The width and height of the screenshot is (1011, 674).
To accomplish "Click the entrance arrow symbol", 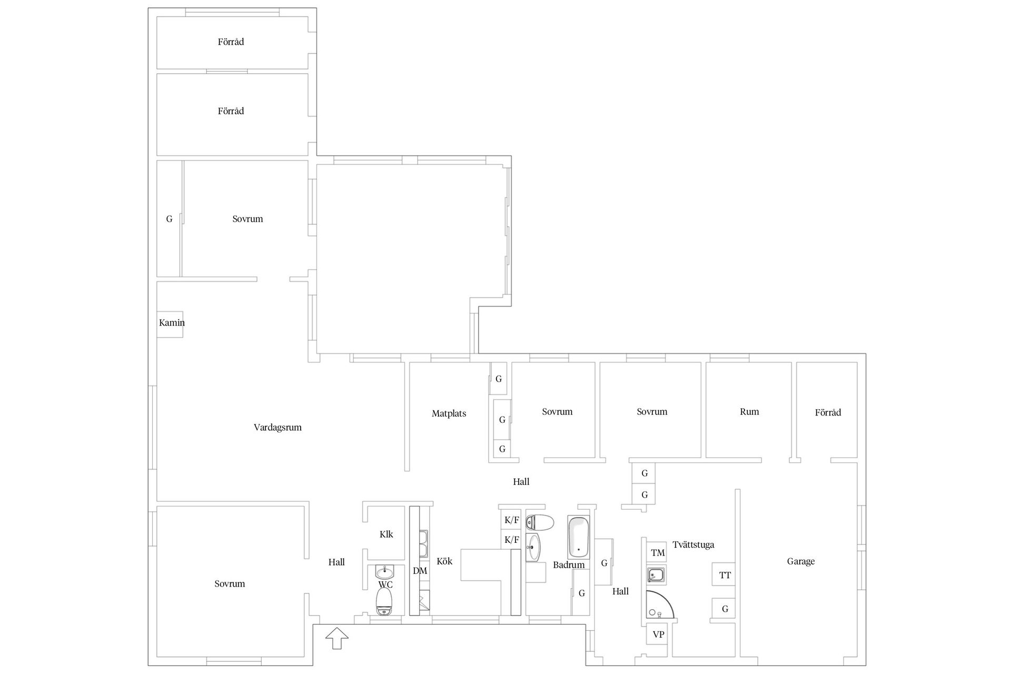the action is point(337,638).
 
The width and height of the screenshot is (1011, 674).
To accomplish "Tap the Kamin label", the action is point(172,323).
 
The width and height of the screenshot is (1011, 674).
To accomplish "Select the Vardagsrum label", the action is point(277,428).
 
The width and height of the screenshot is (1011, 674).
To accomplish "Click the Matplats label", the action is point(449,414).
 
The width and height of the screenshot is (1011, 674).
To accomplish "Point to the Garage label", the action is point(800,562).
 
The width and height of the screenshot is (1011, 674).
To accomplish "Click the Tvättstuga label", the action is point(693,545).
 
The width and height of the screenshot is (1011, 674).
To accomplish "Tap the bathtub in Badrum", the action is point(578,537).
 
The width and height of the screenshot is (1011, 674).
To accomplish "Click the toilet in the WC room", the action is point(385,601).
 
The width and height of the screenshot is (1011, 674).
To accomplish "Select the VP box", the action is point(658,635).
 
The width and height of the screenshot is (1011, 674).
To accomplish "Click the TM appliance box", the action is point(657,553).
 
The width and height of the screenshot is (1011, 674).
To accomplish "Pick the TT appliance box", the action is point(724,574).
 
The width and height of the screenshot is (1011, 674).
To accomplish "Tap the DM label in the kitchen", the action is point(420,571).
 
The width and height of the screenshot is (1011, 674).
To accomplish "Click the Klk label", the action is point(386,534).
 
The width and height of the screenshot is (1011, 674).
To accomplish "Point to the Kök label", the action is point(444,562).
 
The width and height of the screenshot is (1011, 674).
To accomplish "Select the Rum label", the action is point(749,412).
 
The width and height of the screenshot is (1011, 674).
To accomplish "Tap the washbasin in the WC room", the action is point(385,572).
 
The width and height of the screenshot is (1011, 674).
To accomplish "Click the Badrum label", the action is point(569,565).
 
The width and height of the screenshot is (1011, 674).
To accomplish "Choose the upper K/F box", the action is point(511,520).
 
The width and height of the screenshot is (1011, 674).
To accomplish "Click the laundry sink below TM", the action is point(657,575).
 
